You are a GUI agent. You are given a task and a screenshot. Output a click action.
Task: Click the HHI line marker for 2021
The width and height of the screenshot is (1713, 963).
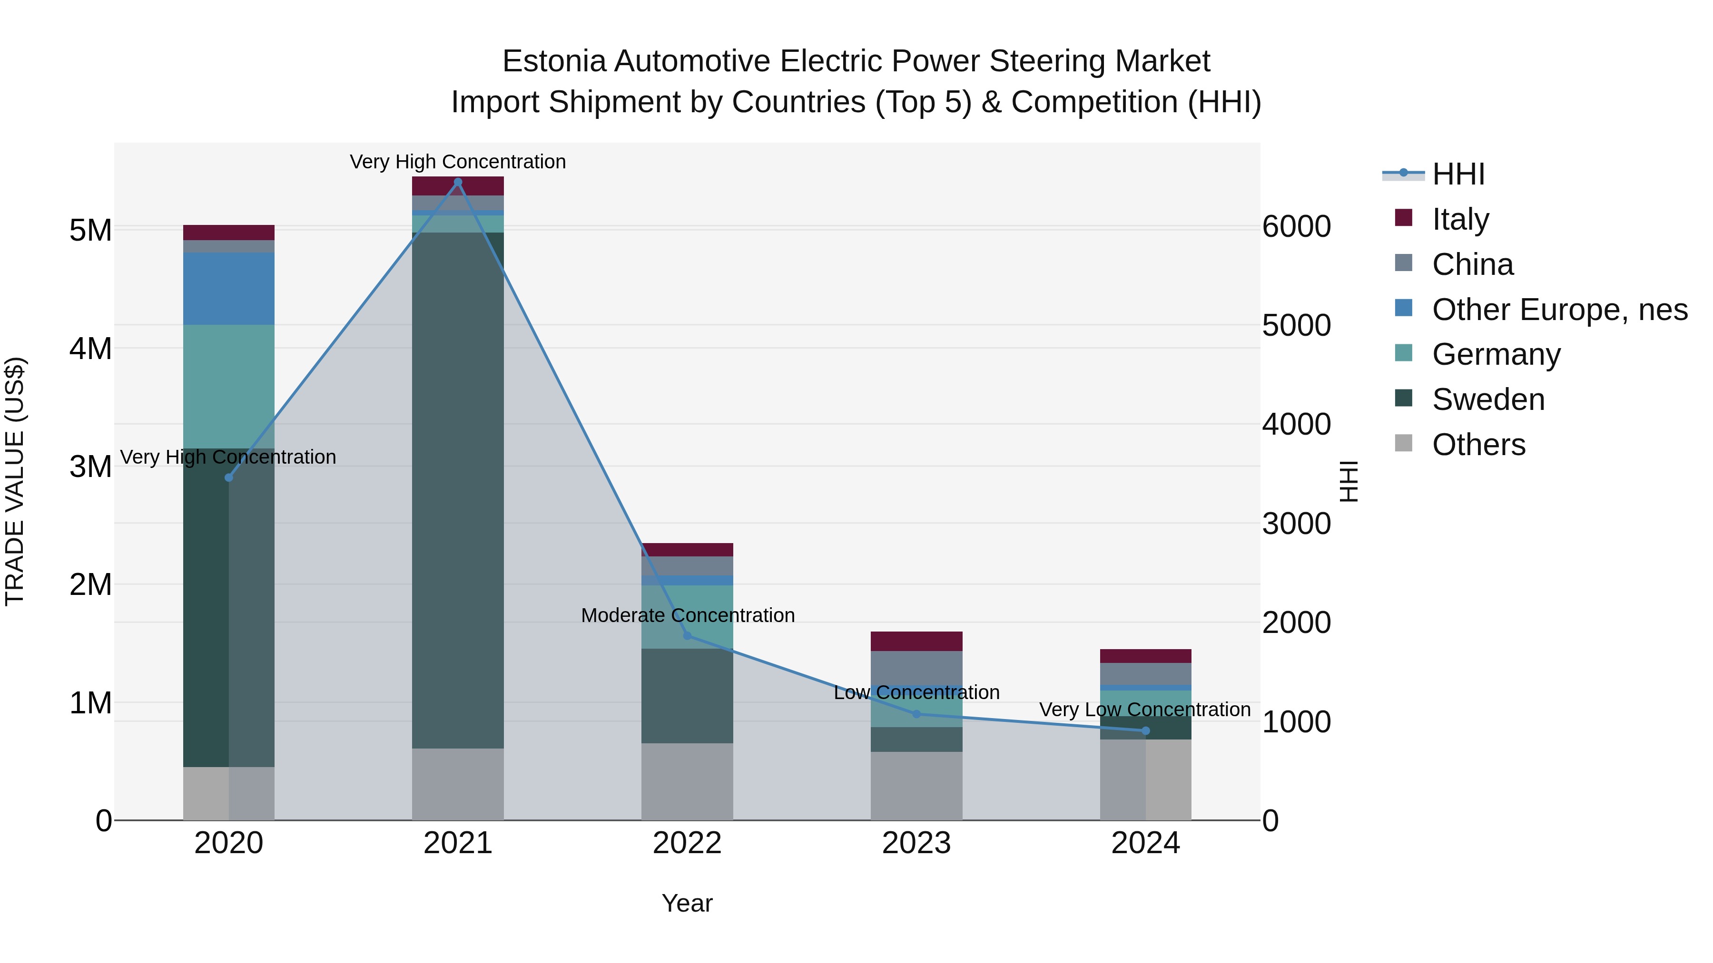(457, 182)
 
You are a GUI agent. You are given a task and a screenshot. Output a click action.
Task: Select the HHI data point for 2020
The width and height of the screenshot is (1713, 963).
(229, 477)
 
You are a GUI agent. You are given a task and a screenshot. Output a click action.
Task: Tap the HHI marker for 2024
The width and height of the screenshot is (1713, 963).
(1145, 730)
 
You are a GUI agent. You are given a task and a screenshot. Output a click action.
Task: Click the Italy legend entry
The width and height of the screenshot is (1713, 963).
(1460, 219)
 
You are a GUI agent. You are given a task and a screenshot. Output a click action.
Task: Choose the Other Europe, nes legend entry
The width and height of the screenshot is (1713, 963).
(1559, 310)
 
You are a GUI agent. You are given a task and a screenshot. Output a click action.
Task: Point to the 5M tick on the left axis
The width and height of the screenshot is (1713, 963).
(90, 231)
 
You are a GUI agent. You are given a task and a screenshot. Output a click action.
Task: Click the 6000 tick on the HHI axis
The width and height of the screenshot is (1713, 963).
(1296, 227)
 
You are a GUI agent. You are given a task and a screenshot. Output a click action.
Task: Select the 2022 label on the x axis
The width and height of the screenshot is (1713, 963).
(687, 843)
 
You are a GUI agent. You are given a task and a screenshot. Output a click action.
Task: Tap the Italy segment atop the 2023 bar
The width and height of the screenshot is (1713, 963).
(916, 641)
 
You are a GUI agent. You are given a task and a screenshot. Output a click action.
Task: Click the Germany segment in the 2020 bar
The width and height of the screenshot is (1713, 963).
(229, 386)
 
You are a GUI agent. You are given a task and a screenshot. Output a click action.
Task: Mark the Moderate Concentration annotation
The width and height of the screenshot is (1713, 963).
(688, 615)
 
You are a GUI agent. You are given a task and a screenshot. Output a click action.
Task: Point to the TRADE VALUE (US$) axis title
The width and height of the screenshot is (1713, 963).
(15, 481)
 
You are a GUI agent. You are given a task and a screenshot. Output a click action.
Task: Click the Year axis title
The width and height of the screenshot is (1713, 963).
(687, 903)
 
